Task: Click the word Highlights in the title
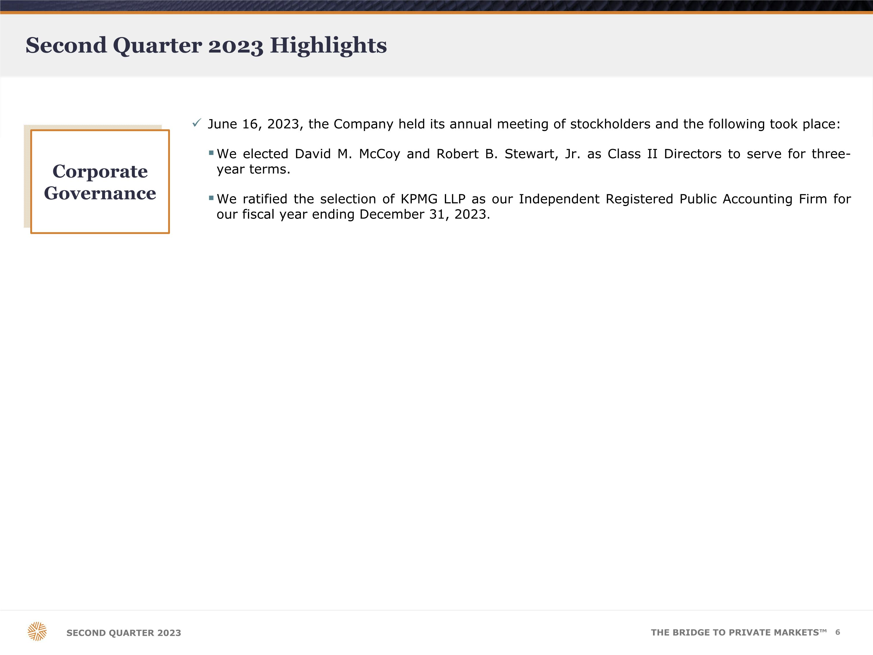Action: (x=328, y=45)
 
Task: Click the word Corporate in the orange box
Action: (x=100, y=171)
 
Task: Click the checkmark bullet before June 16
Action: (x=196, y=123)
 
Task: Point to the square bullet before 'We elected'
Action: (x=211, y=153)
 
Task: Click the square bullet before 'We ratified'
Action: (x=211, y=198)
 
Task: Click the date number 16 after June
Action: (x=250, y=124)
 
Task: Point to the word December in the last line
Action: (x=391, y=214)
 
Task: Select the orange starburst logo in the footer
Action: (x=37, y=631)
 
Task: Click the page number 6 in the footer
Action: (x=837, y=632)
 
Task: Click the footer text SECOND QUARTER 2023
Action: (x=124, y=633)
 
